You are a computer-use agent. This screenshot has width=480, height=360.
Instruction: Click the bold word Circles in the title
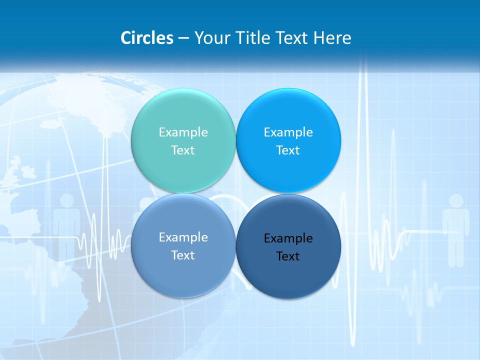(147, 38)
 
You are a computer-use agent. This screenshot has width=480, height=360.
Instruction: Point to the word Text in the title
(292, 38)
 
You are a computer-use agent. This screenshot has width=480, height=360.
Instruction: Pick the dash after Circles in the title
(183, 38)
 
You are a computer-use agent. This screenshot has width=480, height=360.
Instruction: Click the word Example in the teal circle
(183, 132)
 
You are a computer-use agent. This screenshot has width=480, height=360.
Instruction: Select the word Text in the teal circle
(183, 150)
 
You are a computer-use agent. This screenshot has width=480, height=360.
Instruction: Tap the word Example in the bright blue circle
(288, 132)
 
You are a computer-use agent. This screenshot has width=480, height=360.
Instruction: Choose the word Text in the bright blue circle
(288, 150)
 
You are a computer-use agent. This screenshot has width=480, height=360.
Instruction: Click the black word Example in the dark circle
(288, 238)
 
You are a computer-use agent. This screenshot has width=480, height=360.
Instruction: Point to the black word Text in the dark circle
(288, 256)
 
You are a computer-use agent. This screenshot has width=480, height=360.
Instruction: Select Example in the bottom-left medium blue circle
(183, 237)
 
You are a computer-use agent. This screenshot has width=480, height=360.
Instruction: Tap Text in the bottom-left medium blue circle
(183, 255)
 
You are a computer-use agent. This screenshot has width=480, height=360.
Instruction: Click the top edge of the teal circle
(183, 89)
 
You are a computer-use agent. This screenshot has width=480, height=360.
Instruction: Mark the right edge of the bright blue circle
(340, 140)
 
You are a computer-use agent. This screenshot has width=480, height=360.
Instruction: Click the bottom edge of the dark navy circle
(288, 298)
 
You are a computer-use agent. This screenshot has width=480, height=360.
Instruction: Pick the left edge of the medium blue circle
(131, 245)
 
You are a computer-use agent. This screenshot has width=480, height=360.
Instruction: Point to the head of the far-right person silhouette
(456, 201)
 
